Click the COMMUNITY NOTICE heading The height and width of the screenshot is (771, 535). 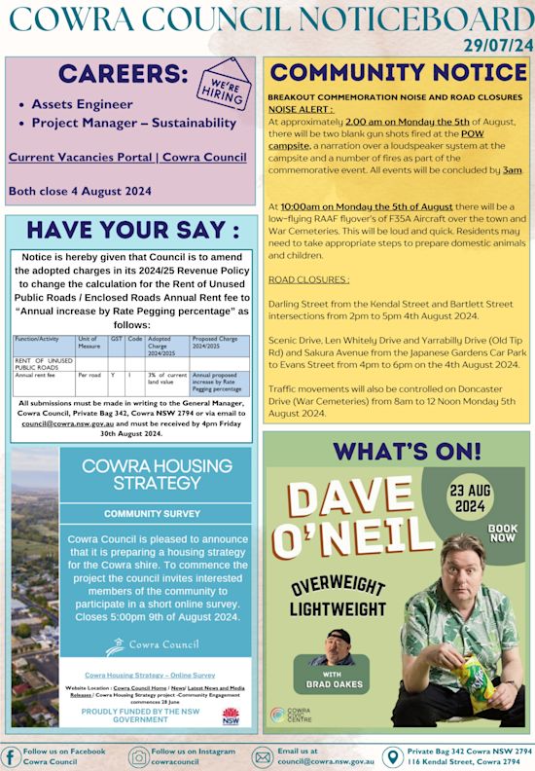click(398, 74)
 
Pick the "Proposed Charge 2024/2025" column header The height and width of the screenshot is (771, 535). click(215, 343)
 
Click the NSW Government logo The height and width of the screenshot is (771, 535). click(231, 718)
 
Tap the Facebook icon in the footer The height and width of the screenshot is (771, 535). click(11, 755)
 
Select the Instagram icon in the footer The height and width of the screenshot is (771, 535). click(139, 756)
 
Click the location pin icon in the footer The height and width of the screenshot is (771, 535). click(393, 756)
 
